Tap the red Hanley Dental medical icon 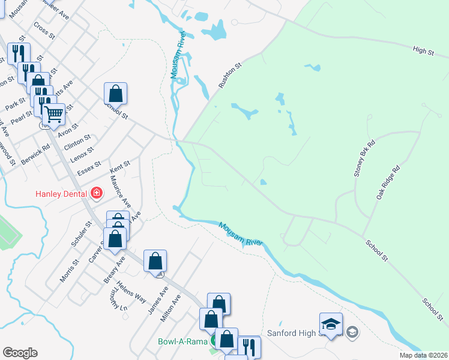[x=96, y=193]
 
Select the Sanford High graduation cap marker [x=331, y=324]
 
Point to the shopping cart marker [x=54, y=113]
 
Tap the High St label [x=423, y=51]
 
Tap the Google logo [x=20, y=353]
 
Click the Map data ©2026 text [x=423, y=355]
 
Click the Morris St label [x=70, y=271]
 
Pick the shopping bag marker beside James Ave [x=155, y=261]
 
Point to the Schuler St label [x=80, y=234]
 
